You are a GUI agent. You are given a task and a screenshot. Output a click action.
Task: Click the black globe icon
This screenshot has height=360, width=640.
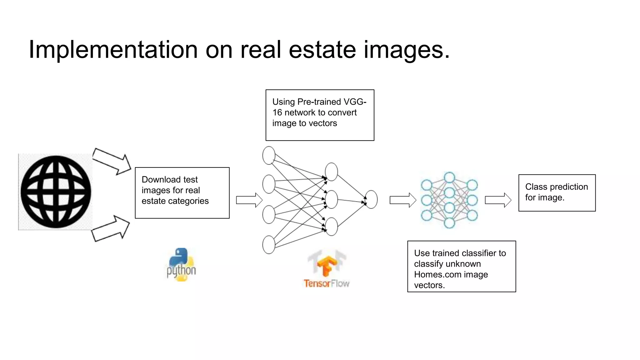tap(56, 192)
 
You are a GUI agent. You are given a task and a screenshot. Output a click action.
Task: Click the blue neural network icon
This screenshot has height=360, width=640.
tap(449, 200)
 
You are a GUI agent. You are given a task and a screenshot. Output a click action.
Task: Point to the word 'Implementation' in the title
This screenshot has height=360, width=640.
tap(113, 50)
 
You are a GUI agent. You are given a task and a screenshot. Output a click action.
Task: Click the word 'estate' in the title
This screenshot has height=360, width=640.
tap(322, 50)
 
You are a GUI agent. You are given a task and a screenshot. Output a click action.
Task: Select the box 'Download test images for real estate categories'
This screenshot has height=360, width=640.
tap(182, 193)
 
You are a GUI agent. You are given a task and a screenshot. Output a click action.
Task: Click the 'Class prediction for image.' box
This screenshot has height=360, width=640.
tap(557, 193)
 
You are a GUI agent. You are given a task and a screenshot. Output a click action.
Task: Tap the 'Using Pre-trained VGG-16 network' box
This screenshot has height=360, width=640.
tap(320, 115)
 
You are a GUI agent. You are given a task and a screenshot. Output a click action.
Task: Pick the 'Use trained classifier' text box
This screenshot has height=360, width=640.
tap(462, 267)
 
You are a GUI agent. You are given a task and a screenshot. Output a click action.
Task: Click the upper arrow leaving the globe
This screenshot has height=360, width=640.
tap(112, 161)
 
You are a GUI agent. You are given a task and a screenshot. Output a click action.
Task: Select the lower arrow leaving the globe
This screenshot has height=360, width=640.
tap(111, 228)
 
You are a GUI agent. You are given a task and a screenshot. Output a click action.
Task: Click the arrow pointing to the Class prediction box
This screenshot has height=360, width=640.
tap(498, 200)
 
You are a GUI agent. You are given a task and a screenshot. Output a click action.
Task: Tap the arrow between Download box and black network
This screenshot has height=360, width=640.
tap(249, 200)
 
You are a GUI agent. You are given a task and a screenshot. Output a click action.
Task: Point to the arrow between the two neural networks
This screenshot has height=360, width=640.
tap(403, 200)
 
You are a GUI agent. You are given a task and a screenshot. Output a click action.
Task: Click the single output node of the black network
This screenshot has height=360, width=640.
tap(371, 199)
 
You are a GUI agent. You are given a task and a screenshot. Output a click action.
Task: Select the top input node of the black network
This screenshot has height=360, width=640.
tap(269, 155)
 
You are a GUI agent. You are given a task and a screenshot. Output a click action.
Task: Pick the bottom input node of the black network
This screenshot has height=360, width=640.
tap(269, 245)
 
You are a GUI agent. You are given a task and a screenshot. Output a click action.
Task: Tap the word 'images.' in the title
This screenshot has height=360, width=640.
tap(406, 50)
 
